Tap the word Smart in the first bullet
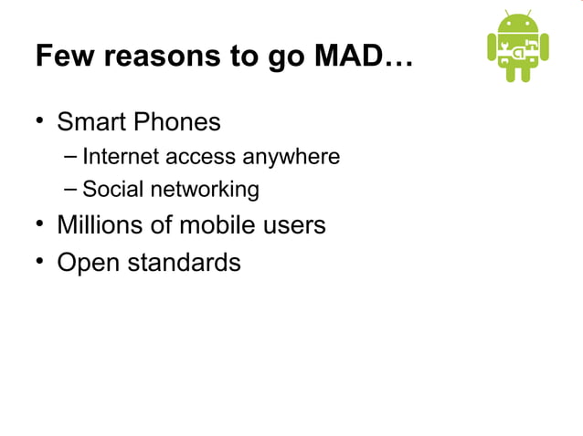pyautogui.click(x=90, y=121)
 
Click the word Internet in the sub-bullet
pyautogui.click(x=121, y=157)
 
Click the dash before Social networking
pyautogui.click(x=71, y=190)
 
